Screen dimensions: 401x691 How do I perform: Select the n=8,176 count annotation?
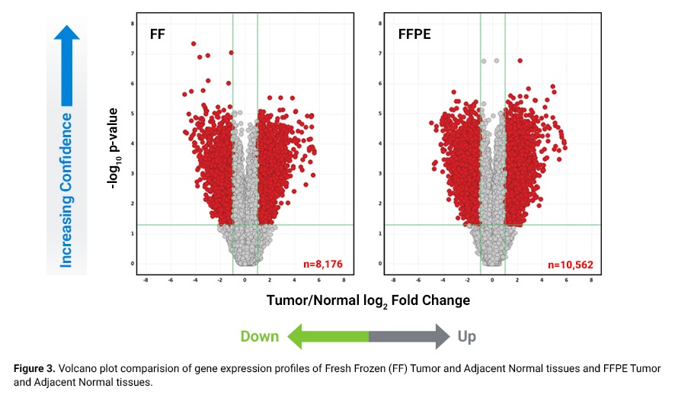[325, 265]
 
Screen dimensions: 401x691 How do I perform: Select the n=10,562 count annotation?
[571, 265]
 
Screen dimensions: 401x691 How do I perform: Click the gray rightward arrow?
[411, 336]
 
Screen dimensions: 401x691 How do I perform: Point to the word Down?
[260, 336]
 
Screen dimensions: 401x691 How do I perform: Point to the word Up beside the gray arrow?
[468, 336]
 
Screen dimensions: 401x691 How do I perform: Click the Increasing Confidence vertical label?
[67, 191]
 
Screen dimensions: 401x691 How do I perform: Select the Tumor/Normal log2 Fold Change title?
[368, 300]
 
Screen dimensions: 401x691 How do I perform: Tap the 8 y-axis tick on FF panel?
[134, 24]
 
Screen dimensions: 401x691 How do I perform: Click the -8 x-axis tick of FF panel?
[146, 279]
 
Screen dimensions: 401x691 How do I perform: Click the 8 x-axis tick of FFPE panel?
[591, 279]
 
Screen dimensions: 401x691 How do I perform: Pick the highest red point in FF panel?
[194, 43]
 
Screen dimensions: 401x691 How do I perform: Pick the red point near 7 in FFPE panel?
[520, 60]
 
